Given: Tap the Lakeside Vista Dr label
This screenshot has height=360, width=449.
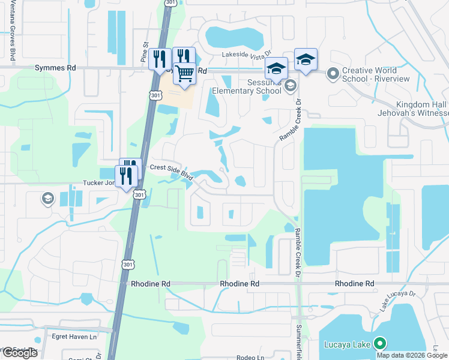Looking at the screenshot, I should click(247, 54).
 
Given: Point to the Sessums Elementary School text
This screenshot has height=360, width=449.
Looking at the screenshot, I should click(247, 86).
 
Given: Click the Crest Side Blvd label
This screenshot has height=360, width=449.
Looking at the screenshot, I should click(170, 170).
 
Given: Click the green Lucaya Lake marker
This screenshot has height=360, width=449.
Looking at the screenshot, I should click(379, 344).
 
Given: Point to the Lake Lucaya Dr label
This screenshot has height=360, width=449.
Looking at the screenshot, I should click(397, 299).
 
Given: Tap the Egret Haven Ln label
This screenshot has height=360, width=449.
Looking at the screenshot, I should click(74, 337).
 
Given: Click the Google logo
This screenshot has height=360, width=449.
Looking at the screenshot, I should click(19, 353).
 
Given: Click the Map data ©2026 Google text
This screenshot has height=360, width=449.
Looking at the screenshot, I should click(412, 355).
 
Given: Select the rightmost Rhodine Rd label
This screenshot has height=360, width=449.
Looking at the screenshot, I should click(354, 283).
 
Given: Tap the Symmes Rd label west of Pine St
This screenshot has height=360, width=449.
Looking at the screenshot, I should click(55, 68).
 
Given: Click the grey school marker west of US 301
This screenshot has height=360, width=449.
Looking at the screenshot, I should click(47, 198).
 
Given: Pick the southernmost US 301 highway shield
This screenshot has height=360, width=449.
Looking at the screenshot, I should click(127, 263).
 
